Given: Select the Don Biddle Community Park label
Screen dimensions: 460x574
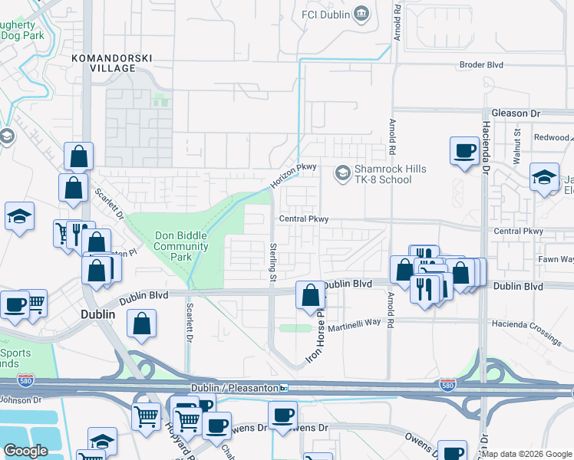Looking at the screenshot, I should click(x=181, y=246).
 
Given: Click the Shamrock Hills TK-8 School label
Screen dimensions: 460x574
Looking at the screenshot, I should click(x=383, y=174).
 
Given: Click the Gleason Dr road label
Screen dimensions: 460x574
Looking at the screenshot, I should click(x=521, y=113).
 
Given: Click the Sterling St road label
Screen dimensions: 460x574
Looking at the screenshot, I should click(x=272, y=260).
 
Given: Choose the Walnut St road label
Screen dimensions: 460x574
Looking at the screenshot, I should click(x=517, y=144).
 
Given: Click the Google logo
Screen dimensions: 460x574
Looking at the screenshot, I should click(x=26, y=451).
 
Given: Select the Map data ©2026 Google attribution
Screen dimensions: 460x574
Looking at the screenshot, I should click(x=526, y=454).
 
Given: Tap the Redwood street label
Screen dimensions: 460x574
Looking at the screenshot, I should click(x=553, y=138).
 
